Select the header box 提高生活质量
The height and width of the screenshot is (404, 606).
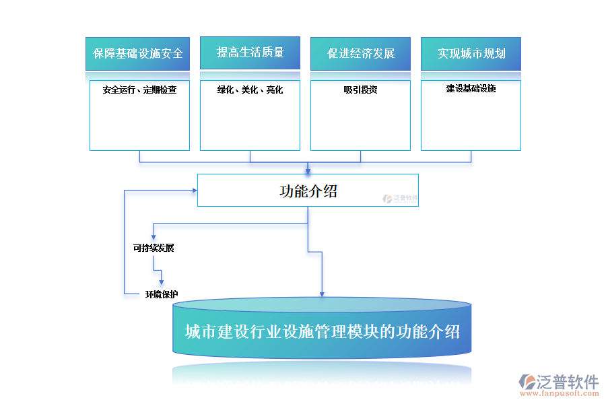pos(250,53)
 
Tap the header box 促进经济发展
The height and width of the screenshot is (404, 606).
pos(360,53)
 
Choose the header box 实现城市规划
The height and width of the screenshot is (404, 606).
pos(471,53)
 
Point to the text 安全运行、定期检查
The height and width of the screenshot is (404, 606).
pos(139,90)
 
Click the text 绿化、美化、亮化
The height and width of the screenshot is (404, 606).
pos(250,90)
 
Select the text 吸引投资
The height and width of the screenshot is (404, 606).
pos(360,90)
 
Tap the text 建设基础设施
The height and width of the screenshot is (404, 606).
pos(471,88)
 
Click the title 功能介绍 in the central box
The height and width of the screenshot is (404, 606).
pos(308,191)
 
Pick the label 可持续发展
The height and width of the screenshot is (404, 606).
pos(154,248)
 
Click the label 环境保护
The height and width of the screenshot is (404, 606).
pos(162,294)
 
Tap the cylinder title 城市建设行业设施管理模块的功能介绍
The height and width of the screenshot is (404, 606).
pos(323,332)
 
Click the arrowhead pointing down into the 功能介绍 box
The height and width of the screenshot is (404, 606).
pos(308,170)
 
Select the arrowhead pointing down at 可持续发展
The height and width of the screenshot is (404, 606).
pos(154,237)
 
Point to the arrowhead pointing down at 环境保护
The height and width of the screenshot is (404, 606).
pos(162,283)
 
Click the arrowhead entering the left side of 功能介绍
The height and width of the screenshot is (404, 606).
pos(193,191)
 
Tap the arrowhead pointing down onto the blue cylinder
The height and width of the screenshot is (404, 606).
pos(322,293)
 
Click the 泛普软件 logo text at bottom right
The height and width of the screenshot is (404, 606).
pos(568,382)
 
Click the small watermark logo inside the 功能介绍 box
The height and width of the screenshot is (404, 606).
pos(401,199)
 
